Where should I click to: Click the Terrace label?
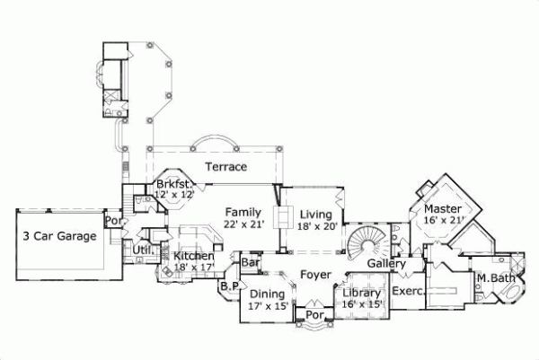pyautogui.click(x=226, y=167)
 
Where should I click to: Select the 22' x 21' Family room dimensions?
pyautogui.click(x=243, y=224)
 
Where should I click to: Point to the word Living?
pyautogui.click(x=316, y=215)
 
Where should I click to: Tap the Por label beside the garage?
pyautogui.click(x=113, y=219)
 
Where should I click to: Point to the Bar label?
pyautogui.click(x=251, y=263)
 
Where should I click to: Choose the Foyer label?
pyautogui.click(x=315, y=275)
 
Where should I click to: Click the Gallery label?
pyautogui.click(x=387, y=263)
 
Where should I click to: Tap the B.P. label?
pyautogui.click(x=228, y=286)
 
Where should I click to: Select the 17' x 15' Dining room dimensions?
pyautogui.click(x=268, y=306)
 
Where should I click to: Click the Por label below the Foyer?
pyautogui.click(x=314, y=316)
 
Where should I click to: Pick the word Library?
pyautogui.click(x=362, y=294)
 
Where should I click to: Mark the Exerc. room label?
pyautogui.click(x=409, y=292)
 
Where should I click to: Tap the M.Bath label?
pyautogui.click(x=494, y=277)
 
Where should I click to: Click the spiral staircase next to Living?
pyautogui.click(x=368, y=243)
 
